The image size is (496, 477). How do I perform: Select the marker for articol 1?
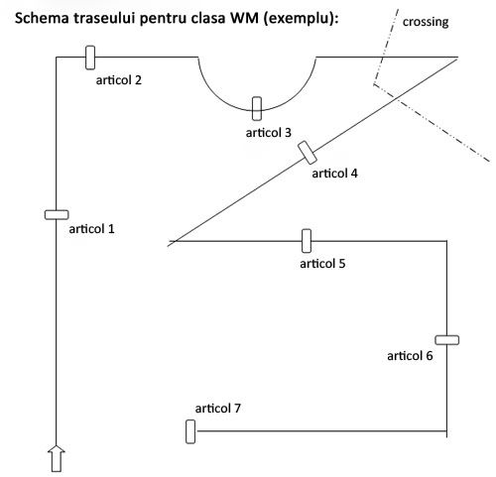[x=57, y=215]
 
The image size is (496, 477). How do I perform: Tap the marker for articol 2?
[x=90, y=58]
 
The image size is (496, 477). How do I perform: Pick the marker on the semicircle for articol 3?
[x=257, y=108]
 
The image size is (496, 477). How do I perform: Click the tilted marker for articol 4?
[x=308, y=153]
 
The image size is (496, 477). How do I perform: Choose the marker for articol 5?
[x=307, y=241]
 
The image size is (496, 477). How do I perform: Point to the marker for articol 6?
[x=446, y=340]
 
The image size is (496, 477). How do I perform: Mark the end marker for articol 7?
[x=190, y=431]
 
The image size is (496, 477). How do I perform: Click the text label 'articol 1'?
[x=91, y=229]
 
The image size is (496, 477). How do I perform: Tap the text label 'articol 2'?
[x=119, y=80]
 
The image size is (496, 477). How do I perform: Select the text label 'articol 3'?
[x=269, y=133]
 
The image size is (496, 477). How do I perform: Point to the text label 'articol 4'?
[x=334, y=174]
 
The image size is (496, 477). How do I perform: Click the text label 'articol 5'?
[x=322, y=264]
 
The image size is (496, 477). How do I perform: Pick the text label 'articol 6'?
[x=410, y=356]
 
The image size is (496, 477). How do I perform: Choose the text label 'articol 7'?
[x=218, y=409]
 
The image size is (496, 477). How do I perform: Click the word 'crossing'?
[x=426, y=22]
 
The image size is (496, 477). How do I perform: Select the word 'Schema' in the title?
[x=42, y=18]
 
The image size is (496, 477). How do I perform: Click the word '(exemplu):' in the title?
[x=302, y=19]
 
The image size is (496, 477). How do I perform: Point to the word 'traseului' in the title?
[x=105, y=18]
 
